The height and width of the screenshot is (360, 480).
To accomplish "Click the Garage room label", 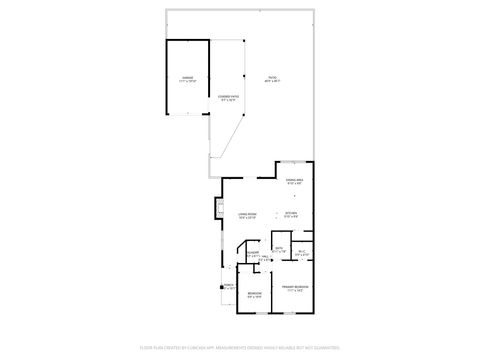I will tap(187, 76).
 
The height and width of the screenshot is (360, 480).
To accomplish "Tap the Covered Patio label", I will tap(227, 96).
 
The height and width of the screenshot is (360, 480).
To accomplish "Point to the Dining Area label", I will tap(293, 180).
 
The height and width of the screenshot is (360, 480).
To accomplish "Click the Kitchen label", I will tap(291, 213).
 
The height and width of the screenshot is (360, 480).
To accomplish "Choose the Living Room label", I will tap(247, 213).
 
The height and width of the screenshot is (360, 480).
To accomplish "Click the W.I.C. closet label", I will tap(302, 251).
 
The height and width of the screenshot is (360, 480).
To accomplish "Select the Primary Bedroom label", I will tap(294, 285).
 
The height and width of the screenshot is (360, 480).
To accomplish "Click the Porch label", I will tap(228, 285).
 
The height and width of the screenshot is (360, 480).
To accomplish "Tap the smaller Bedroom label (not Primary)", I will tap(255, 293).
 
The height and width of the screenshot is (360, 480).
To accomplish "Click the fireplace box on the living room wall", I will tap(218, 209).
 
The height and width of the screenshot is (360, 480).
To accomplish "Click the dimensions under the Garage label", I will tap(187, 80).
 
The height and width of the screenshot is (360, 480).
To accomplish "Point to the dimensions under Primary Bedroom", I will tap(294, 289).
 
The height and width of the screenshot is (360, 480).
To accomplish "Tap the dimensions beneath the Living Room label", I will tap(247, 217).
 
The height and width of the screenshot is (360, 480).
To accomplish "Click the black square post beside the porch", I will tap(221, 306).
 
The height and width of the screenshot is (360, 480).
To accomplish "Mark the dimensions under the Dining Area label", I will tap(293, 184).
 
